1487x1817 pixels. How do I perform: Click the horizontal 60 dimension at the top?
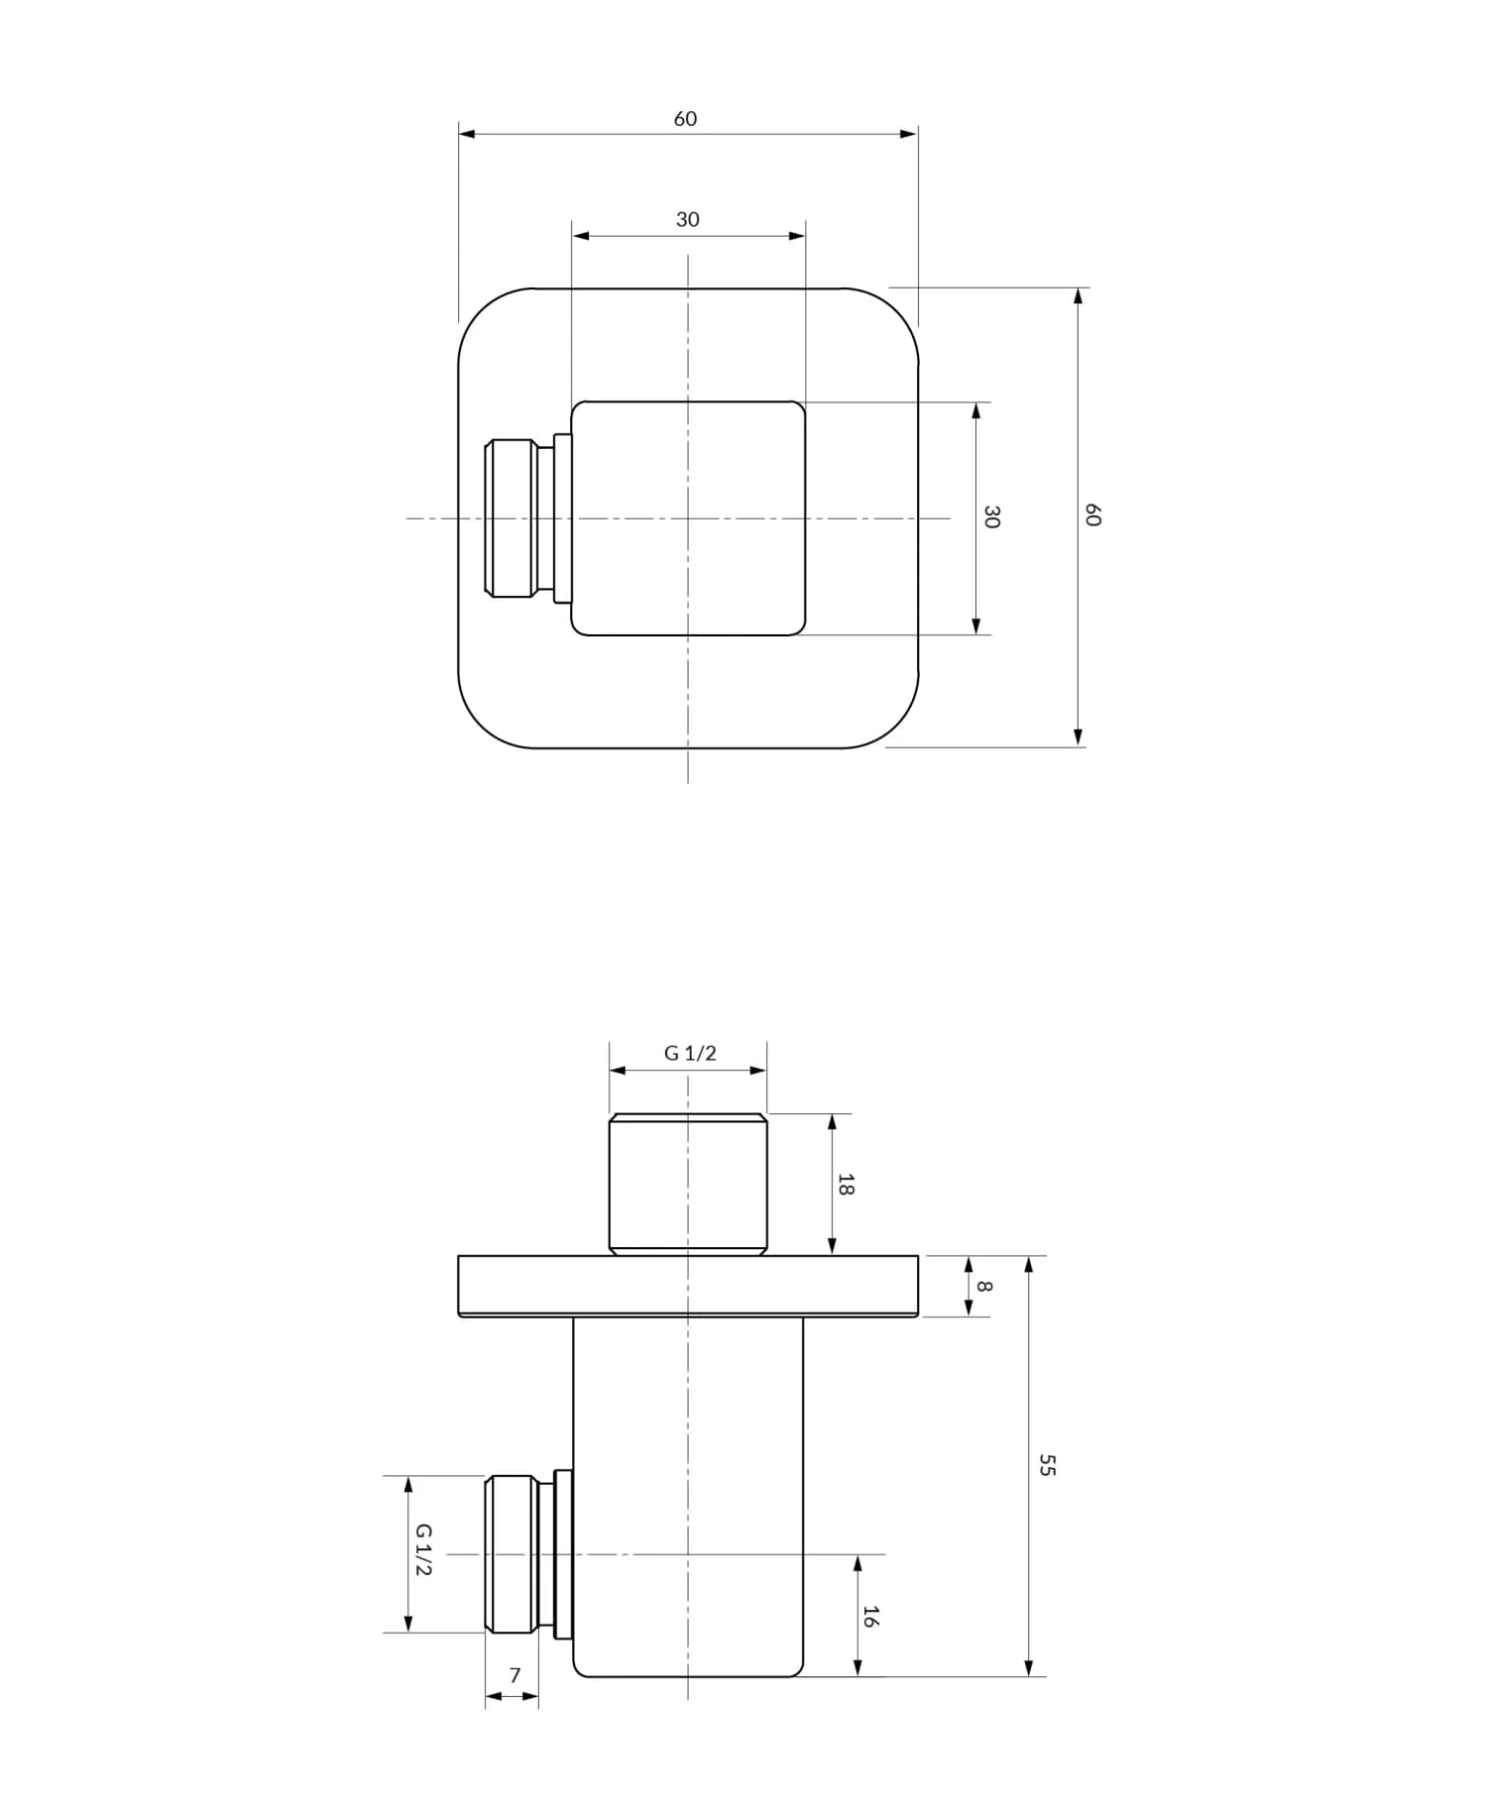[x=685, y=119]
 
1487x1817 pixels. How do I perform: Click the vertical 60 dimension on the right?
[x=1091, y=515]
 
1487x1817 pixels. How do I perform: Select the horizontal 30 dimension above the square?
[x=687, y=220]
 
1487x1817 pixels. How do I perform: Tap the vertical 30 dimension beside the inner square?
[x=990, y=516]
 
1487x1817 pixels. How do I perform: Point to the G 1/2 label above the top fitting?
[x=689, y=1054]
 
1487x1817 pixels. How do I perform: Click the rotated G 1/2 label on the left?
[x=423, y=1550]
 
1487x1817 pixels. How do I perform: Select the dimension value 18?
[x=846, y=1184]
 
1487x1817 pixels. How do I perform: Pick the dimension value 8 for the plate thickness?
[x=983, y=1286]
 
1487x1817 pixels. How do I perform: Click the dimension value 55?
[x=1047, y=1465]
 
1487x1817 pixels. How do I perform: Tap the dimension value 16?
[x=869, y=1617]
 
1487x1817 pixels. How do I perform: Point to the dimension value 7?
[x=515, y=1675]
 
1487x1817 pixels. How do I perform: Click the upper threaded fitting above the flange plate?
[x=688, y=1184]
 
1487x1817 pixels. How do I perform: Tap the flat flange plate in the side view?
[x=688, y=1286]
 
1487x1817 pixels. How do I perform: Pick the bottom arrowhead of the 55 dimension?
[x=1029, y=1667]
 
